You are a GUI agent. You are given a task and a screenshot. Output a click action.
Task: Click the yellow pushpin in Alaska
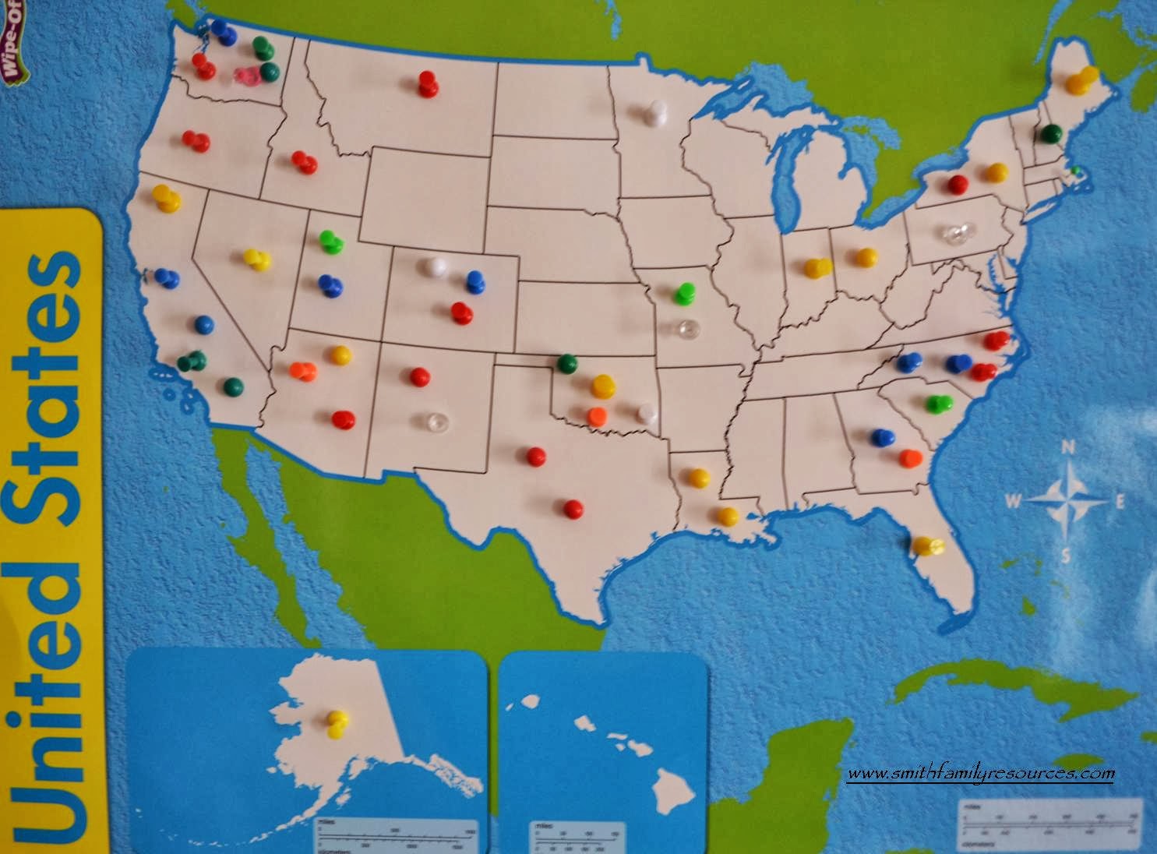pyautogui.click(x=337, y=724)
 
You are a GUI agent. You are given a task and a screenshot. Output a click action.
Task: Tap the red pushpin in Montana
pyautogui.click(x=427, y=83)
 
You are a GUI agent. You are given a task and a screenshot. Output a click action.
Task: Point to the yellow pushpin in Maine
pyautogui.click(x=1082, y=79)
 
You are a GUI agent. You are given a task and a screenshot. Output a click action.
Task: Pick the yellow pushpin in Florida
pyautogui.click(x=926, y=545)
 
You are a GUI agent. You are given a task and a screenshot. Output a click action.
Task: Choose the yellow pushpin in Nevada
pyautogui.click(x=256, y=259)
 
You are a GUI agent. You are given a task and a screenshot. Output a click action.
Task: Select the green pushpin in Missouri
pyautogui.click(x=686, y=294)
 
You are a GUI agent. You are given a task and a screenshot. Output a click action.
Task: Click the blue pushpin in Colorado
pyautogui.click(x=474, y=282)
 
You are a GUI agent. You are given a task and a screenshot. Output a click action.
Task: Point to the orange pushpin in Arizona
pyautogui.click(x=302, y=370)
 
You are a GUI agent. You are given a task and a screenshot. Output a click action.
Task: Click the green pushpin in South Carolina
pyautogui.click(x=939, y=404)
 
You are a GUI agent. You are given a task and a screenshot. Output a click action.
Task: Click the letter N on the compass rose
pyautogui.click(x=1069, y=448)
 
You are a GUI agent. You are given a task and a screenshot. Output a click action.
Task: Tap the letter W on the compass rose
pyautogui.click(x=1013, y=501)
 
